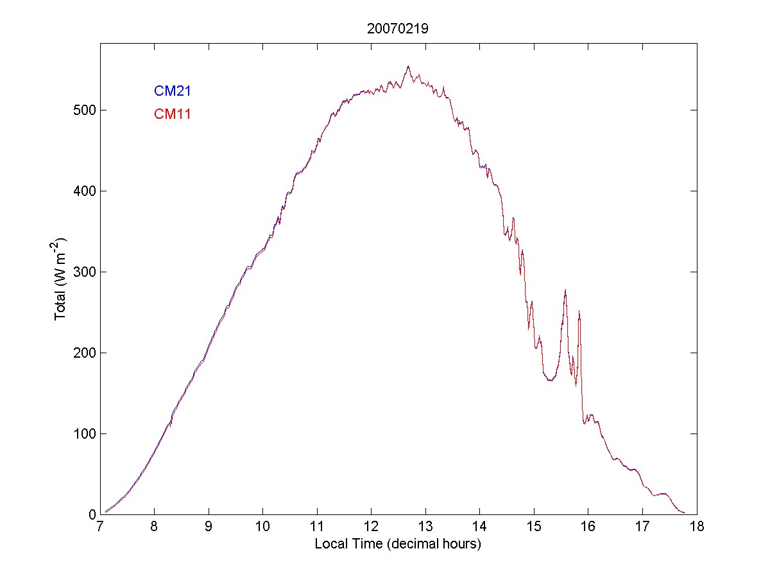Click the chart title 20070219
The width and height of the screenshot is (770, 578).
pyautogui.click(x=397, y=28)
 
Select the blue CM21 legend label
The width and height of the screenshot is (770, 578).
pyautogui.click(x=173, y=91)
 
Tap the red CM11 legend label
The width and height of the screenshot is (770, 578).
pyautogui.click(x=173, y=114)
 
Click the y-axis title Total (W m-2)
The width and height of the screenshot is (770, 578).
pyautogui.click(x=62, y=278)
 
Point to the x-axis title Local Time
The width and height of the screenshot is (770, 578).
pyautogui.click(x=398, y=544)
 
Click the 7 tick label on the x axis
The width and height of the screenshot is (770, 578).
pyautogui.click(x=100, y=527)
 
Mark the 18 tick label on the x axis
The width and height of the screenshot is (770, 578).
pyautogui.click(x=697, y=527)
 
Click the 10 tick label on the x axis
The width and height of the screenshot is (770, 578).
pyautogui.click(x=263, y=527)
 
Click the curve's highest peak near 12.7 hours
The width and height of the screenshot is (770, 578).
pyautogui.click(x=408, y=66)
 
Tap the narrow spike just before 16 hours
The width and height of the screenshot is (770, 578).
pyautogui.click(x=579, y=311)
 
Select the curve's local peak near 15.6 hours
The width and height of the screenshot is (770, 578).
pyautogui.click(x=565, y=290)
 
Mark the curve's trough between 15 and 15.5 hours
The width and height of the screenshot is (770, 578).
pyautogui.click(x=550, y=380)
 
